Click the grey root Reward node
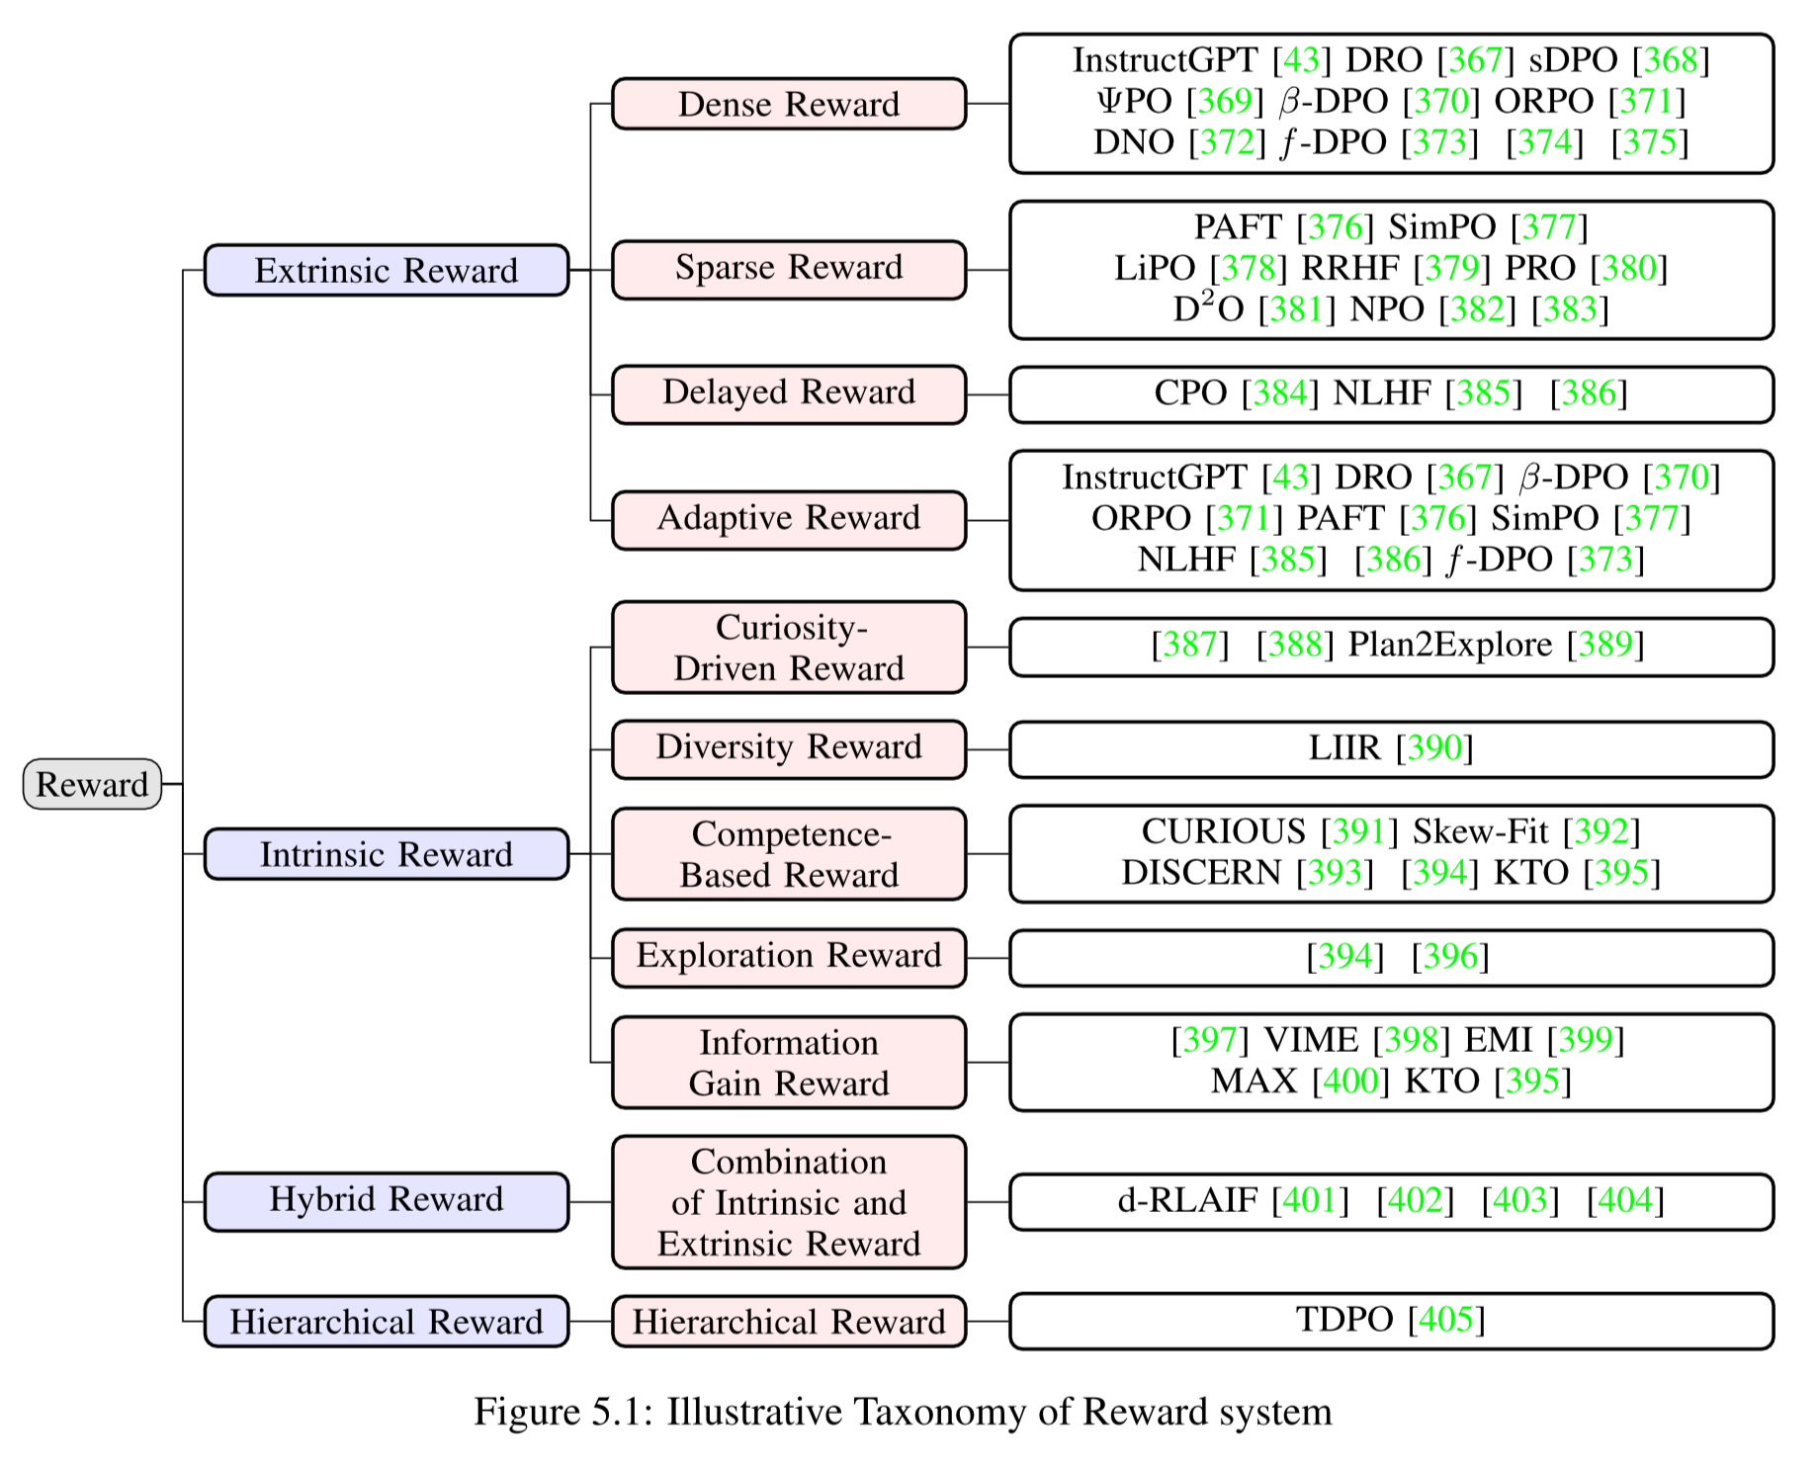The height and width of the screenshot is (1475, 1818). point(92,784)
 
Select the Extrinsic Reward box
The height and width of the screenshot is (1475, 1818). point(386,270)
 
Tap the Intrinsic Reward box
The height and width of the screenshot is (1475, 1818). point(386,853)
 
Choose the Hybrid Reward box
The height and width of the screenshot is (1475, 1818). point(386,1200)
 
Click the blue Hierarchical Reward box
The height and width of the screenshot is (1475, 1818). point(386,1321)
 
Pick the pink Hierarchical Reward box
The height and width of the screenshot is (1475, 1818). point(788,1321)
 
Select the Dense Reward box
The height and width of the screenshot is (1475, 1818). point(788,104)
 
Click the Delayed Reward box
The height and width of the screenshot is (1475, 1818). point(788,393)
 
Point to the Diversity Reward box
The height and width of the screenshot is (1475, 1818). point(788,748)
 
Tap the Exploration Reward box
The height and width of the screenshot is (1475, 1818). point(788,957)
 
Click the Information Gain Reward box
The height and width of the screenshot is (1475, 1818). point(788,1063)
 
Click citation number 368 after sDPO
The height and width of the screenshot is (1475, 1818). point(1670,60)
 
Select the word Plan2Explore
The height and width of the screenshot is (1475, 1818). point(1450,645)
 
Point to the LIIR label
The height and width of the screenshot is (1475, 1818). point(1343,748)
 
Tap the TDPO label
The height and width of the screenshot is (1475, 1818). point(1344,1320)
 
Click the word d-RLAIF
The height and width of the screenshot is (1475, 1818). point(1187,1200)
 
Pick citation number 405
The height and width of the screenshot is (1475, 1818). point(1446,1320)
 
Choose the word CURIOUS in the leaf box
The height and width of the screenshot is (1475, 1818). point(1223,831)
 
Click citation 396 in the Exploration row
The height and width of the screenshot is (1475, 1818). point(1450,957)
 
